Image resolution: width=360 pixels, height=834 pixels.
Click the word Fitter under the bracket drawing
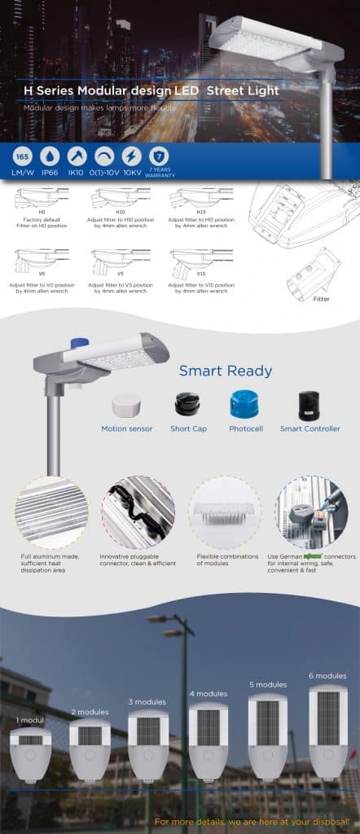322,299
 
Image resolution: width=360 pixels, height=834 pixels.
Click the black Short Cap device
187,403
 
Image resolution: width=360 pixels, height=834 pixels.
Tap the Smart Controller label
310,428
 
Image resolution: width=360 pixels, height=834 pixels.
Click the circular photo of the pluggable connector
138,512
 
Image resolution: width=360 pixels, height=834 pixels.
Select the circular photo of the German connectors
312,512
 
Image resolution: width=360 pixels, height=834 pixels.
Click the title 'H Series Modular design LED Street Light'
151,91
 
